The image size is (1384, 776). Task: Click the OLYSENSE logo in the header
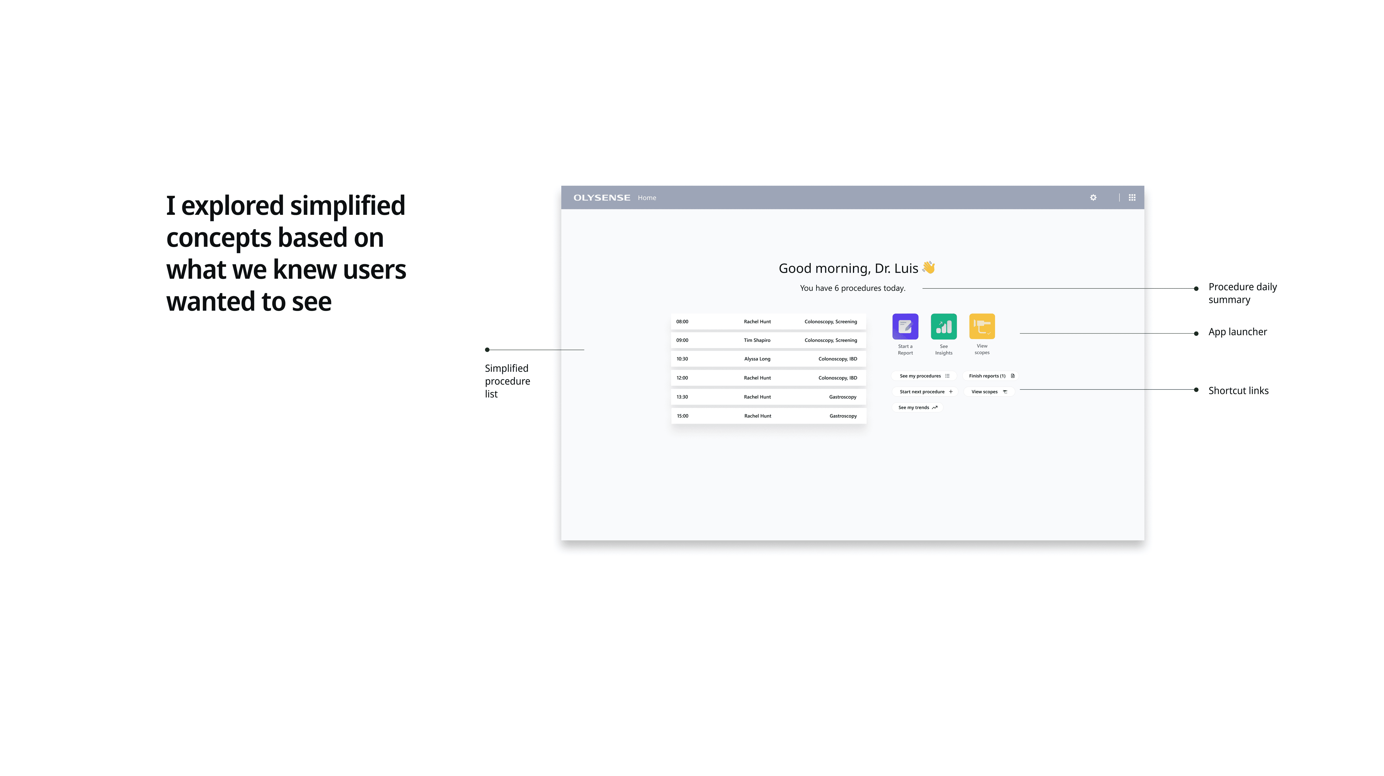602,198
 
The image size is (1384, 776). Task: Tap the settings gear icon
1093,198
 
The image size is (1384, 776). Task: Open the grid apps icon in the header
1132,198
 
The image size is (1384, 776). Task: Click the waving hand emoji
929,267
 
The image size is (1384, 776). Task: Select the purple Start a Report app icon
905,326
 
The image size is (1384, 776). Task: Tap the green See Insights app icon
944,326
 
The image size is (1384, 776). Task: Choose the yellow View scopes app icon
982,326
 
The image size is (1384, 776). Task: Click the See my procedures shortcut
924,376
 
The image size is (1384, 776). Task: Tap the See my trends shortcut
918,408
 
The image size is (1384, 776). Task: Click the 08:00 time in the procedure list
682,322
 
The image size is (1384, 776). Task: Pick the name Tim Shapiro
757,340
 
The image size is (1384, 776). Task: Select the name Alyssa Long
757,359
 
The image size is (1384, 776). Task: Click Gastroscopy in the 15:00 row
843,416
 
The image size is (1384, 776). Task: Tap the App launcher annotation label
1237,332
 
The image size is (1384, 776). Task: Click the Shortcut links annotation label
1238,390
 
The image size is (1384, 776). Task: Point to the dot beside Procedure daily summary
1196,288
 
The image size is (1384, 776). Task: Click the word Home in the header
647,198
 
